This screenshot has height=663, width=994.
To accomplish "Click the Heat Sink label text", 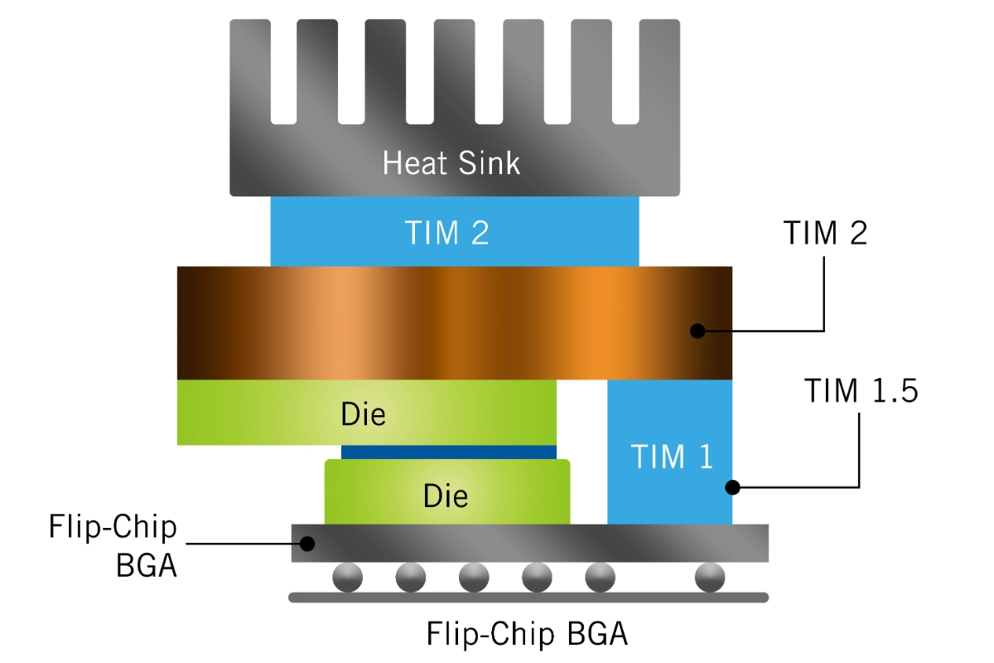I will pos(451,162).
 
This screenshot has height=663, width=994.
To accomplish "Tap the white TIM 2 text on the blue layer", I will pos(446,234).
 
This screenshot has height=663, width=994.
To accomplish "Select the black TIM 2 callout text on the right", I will pos(825,234).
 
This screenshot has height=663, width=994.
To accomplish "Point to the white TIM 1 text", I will pos(672,456).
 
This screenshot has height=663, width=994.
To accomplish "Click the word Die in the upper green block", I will pos(364,414).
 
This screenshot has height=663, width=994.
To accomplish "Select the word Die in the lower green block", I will pos(446,495).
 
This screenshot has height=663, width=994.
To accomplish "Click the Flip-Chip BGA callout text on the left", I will pos(113,547).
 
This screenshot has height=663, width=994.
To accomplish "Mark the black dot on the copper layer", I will pos(697,331).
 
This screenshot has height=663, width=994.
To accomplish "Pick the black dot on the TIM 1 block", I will pos(732,486).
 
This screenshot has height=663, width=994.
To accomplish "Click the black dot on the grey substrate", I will pos(307,544).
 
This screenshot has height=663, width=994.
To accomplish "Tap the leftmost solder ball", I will pos(348,578).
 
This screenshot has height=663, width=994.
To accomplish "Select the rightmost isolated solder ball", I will pos(710,578).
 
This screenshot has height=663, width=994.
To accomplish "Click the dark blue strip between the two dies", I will pos(448,452).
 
